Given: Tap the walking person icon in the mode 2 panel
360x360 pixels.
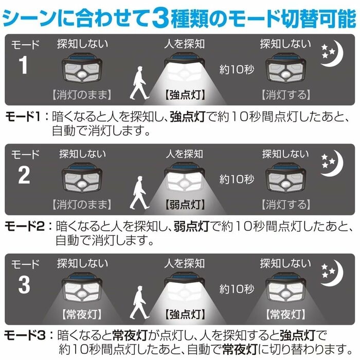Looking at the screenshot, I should [x=138, y=193].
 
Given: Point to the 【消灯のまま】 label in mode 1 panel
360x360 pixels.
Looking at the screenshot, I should [x=81, y=95].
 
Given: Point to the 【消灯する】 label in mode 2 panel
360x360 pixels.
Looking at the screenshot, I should [x=286, y=205].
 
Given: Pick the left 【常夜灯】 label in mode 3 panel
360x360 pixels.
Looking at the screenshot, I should [x=81, y=313].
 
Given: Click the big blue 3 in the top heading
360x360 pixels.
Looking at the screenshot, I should [x=166, y=17].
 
